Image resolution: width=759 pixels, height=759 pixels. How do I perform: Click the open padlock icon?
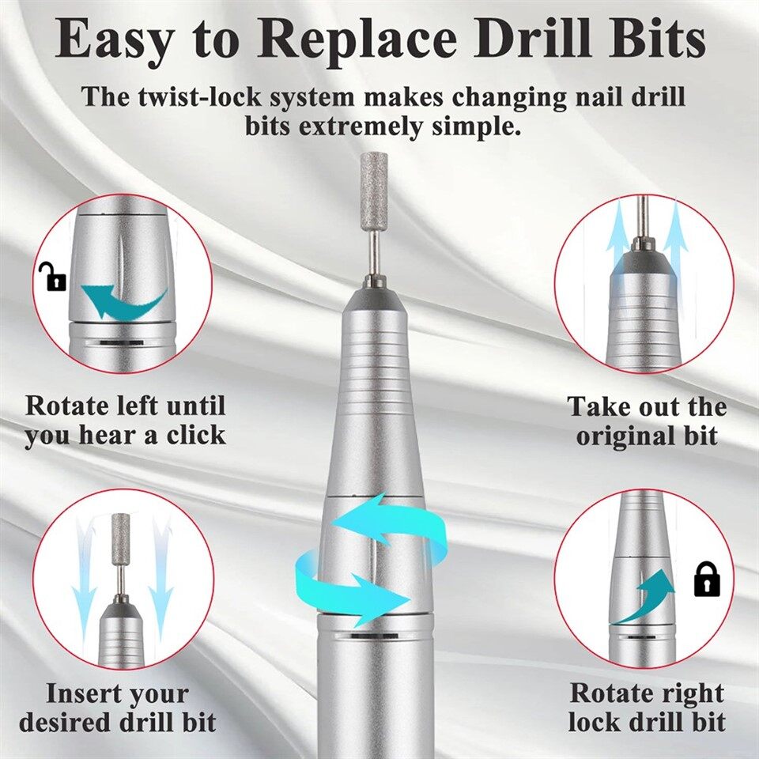click(52, 277)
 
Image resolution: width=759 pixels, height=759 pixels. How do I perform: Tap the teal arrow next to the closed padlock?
click(645, 599)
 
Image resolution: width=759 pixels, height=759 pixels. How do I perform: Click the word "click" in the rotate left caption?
click(195, 436)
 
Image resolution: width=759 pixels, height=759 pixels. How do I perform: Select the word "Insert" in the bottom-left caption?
click(82, 693)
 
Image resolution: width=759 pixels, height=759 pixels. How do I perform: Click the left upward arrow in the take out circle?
click(617, 237)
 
